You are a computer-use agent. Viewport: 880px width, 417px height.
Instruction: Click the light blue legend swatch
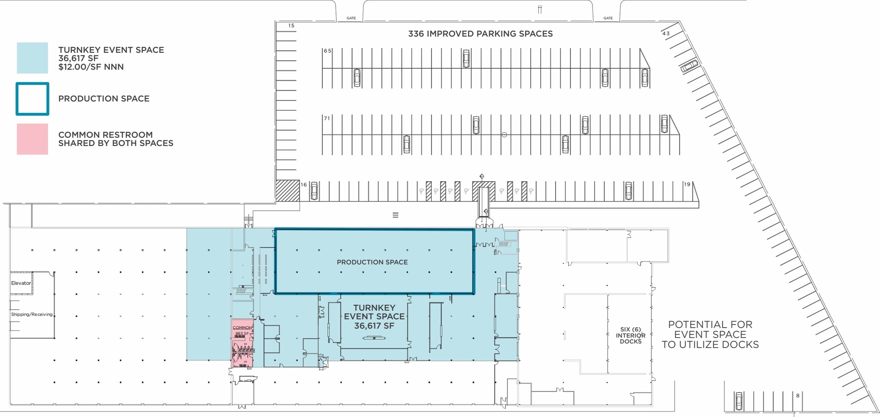33,58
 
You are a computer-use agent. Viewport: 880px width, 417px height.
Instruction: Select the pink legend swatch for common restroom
33,139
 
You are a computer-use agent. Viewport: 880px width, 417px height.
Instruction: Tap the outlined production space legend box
33,99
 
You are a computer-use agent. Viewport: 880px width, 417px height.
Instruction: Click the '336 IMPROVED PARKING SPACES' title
480,34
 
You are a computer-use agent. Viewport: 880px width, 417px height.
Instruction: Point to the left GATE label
351,18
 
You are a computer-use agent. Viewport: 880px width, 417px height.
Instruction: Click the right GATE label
608,18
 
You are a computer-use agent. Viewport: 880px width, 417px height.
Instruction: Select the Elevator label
21,283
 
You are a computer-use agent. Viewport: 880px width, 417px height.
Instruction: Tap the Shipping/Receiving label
32,314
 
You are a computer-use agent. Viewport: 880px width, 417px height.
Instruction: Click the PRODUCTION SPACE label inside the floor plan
372,262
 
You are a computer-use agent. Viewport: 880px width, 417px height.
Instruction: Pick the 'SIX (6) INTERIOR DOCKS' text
630,335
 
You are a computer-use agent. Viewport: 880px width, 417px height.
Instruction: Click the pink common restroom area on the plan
242,344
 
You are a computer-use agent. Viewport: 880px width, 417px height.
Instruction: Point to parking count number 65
328,51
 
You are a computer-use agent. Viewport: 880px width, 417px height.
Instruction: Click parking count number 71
327,119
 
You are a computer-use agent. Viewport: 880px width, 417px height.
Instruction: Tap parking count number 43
666,33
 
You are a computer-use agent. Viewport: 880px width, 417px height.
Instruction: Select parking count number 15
291,26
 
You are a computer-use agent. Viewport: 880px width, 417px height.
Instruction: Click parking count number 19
687,184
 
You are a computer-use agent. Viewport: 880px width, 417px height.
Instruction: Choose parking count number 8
797,396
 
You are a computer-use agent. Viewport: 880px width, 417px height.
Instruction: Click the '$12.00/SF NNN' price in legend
91,67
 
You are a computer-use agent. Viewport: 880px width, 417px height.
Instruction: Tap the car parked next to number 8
739,401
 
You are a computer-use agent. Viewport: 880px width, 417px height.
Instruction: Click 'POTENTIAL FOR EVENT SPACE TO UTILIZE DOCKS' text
710,335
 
